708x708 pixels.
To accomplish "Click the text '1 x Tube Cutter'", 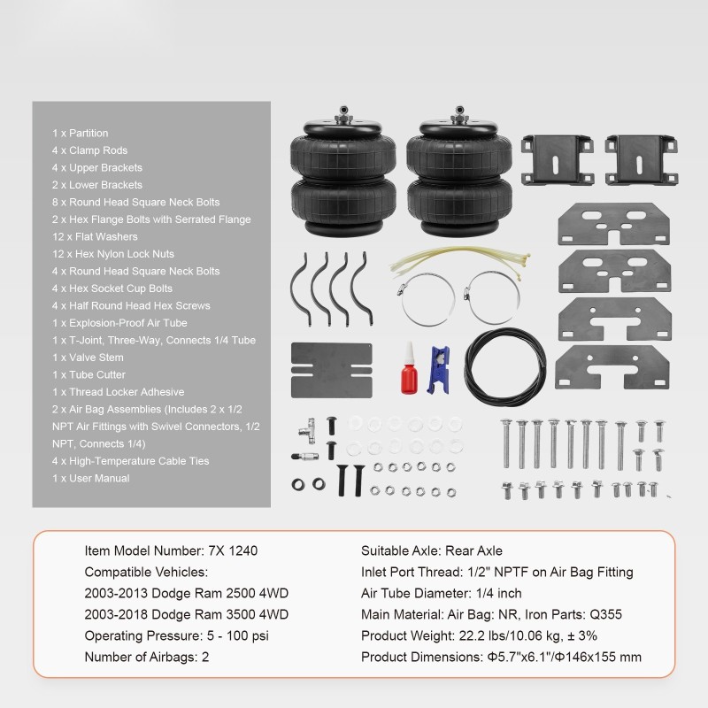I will pos(89,374).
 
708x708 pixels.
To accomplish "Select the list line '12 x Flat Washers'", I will pos(95,236).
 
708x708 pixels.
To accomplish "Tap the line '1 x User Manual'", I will pos(90,478).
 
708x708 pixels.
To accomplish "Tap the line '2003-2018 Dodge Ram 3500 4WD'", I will pos(187,614).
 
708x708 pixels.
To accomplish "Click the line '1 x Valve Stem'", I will pos(88,358).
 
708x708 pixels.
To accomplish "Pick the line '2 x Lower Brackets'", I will pos(96,185).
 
